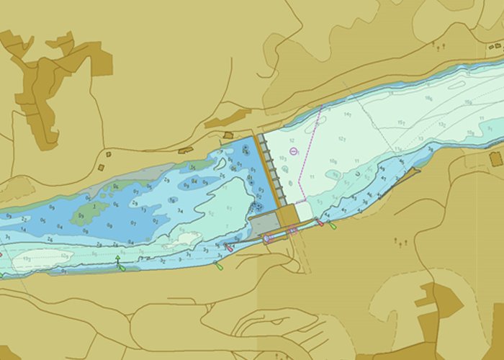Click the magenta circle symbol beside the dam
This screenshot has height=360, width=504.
tap(294, 151)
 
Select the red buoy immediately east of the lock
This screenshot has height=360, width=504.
tap(320, 222)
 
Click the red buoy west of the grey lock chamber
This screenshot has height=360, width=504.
tap(229, 248)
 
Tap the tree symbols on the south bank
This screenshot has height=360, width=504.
tap(400, 242)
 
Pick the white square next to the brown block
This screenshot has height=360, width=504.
tap(304, 211)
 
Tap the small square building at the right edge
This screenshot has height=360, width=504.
tap(495, 158)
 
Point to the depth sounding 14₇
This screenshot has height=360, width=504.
tap(348, 114)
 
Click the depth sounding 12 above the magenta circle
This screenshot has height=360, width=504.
tap(292, 140)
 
